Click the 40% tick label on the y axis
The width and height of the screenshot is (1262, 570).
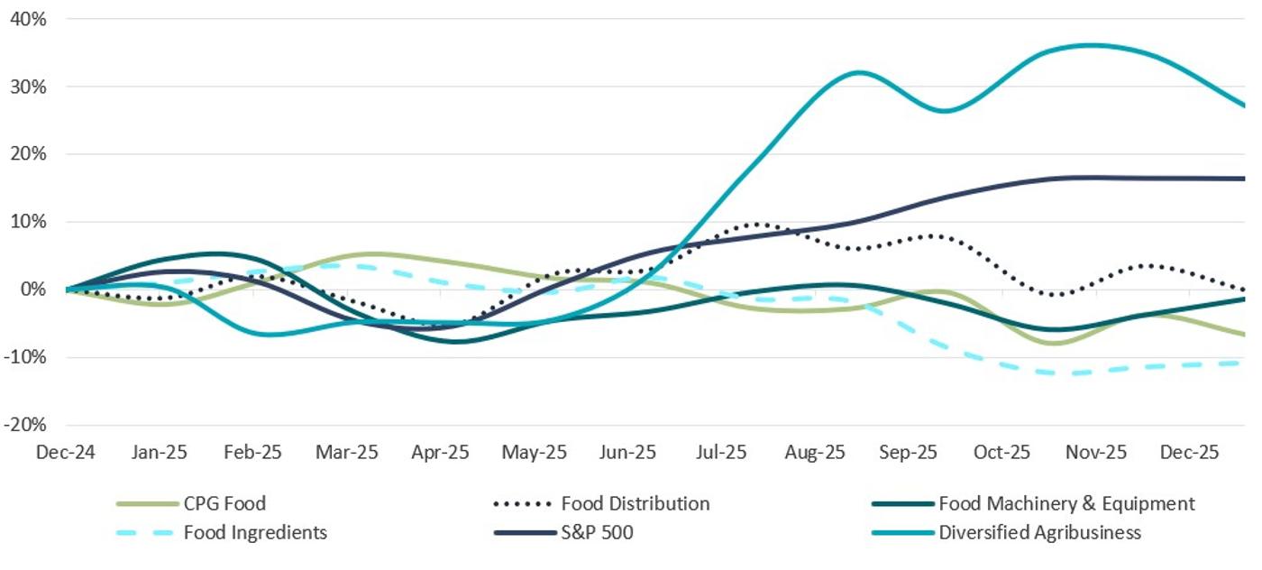27,19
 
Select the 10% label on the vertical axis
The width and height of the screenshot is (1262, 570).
27,222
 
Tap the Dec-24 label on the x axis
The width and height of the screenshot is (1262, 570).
65,453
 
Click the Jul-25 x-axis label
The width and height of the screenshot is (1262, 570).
722,453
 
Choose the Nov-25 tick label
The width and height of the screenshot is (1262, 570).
1097,453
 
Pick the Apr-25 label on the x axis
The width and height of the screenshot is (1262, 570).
441,453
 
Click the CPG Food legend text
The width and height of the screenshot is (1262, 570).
224,504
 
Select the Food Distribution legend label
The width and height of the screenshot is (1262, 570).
635,504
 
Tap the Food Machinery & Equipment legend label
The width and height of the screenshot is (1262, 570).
1066,504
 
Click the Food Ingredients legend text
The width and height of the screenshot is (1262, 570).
255,533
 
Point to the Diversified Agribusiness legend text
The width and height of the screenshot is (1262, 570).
1039,533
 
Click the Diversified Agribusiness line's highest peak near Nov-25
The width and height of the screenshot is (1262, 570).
1091,45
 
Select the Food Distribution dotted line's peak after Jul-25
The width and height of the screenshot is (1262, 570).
755,224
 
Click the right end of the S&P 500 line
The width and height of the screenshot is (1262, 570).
1244,179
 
